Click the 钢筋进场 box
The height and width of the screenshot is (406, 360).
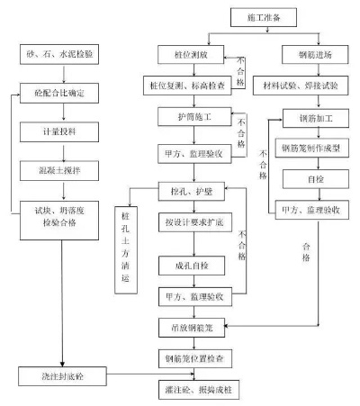[309, 55]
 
